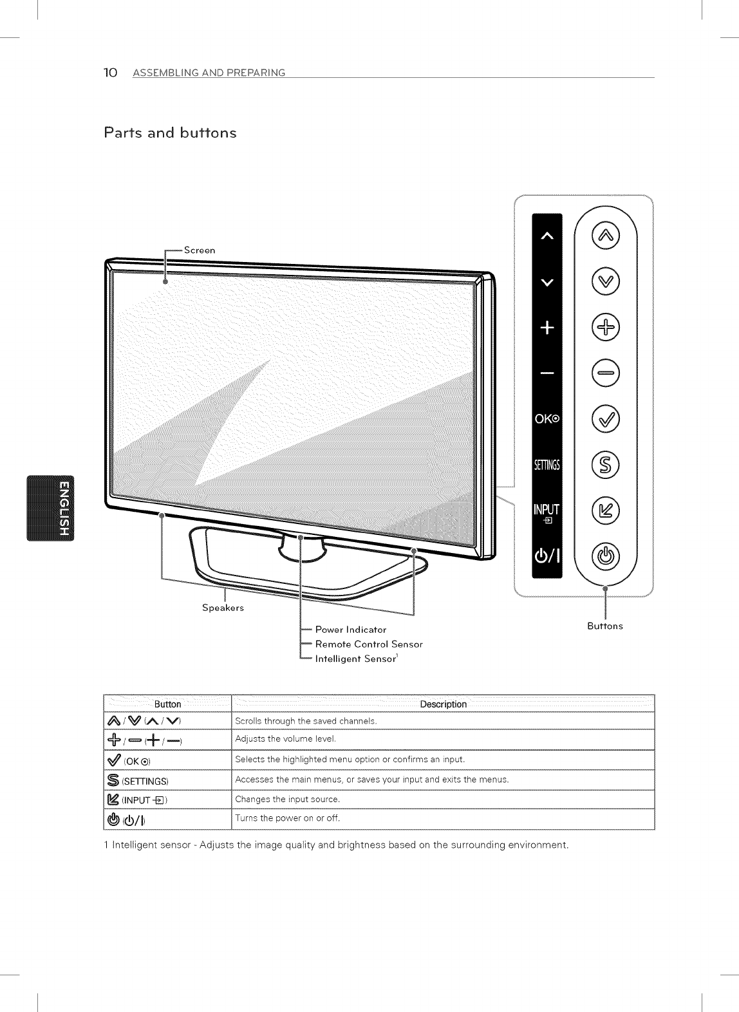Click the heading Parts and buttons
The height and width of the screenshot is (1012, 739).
pyautogui.click(x=170, y=133)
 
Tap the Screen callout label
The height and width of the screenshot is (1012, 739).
pyautogui.click(x=200, y=250)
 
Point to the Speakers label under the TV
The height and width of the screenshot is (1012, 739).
pyautogui.click(x=223, y=608)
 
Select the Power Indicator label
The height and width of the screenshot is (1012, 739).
pyautogui.click(x=351, y=630)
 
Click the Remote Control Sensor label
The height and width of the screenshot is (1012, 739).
pyautogui.click(x=369, y=644)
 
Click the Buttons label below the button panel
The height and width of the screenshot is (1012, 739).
pyautogui.click(x=604, y=626)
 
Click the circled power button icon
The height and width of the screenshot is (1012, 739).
pyautogui.click(x=604, y=556)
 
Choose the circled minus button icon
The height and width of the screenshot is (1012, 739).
pyautogui.click(x=604, y=373)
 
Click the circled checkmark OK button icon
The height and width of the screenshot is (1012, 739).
pyautogui.click(x=604, y=420)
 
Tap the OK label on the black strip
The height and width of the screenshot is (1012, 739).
pyautogui.click(x=547, y=420)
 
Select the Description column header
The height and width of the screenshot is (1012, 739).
pyautogui.click(x=443, y=704)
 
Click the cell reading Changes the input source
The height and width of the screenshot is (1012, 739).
pyautogui.click(x=288, y=800)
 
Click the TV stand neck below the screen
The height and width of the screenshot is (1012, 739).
pyautogui.click(x=301, y=547)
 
